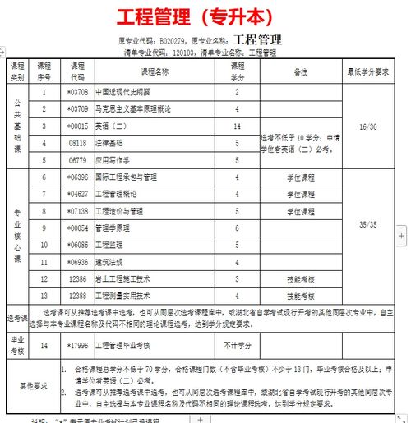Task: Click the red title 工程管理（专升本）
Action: [x=205, y=17]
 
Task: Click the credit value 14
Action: [x=237, y=126]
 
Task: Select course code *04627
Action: [x=77, y=194]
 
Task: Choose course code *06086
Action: [x=77, y=245]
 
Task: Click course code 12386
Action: [x=77, y=279]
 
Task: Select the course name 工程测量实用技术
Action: [x=122, y=296]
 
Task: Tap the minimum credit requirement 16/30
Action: [x=368, y=126]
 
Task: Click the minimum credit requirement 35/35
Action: [x=368, y=223]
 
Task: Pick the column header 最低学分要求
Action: [x=368, y=71]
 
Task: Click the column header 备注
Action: [x=300, y=71]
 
